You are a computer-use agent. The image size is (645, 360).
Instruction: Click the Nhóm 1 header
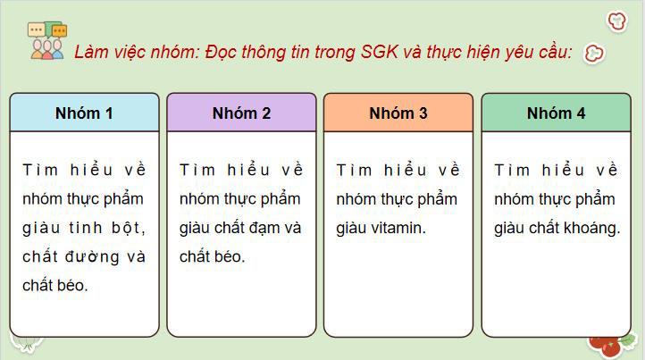[x=84, y=113]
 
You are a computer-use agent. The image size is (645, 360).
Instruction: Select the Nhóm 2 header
[x=241, y=113]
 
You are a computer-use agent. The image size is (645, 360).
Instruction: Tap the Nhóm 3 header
[x=398, y=113]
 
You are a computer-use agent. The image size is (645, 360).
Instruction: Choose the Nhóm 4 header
[x=556, y=113]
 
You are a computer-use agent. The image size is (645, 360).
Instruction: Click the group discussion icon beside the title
[x=46, y=39]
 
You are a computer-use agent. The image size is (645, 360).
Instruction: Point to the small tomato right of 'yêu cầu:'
[x=594, y=54]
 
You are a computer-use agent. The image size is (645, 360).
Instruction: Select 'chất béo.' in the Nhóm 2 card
[x=212, y=256]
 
